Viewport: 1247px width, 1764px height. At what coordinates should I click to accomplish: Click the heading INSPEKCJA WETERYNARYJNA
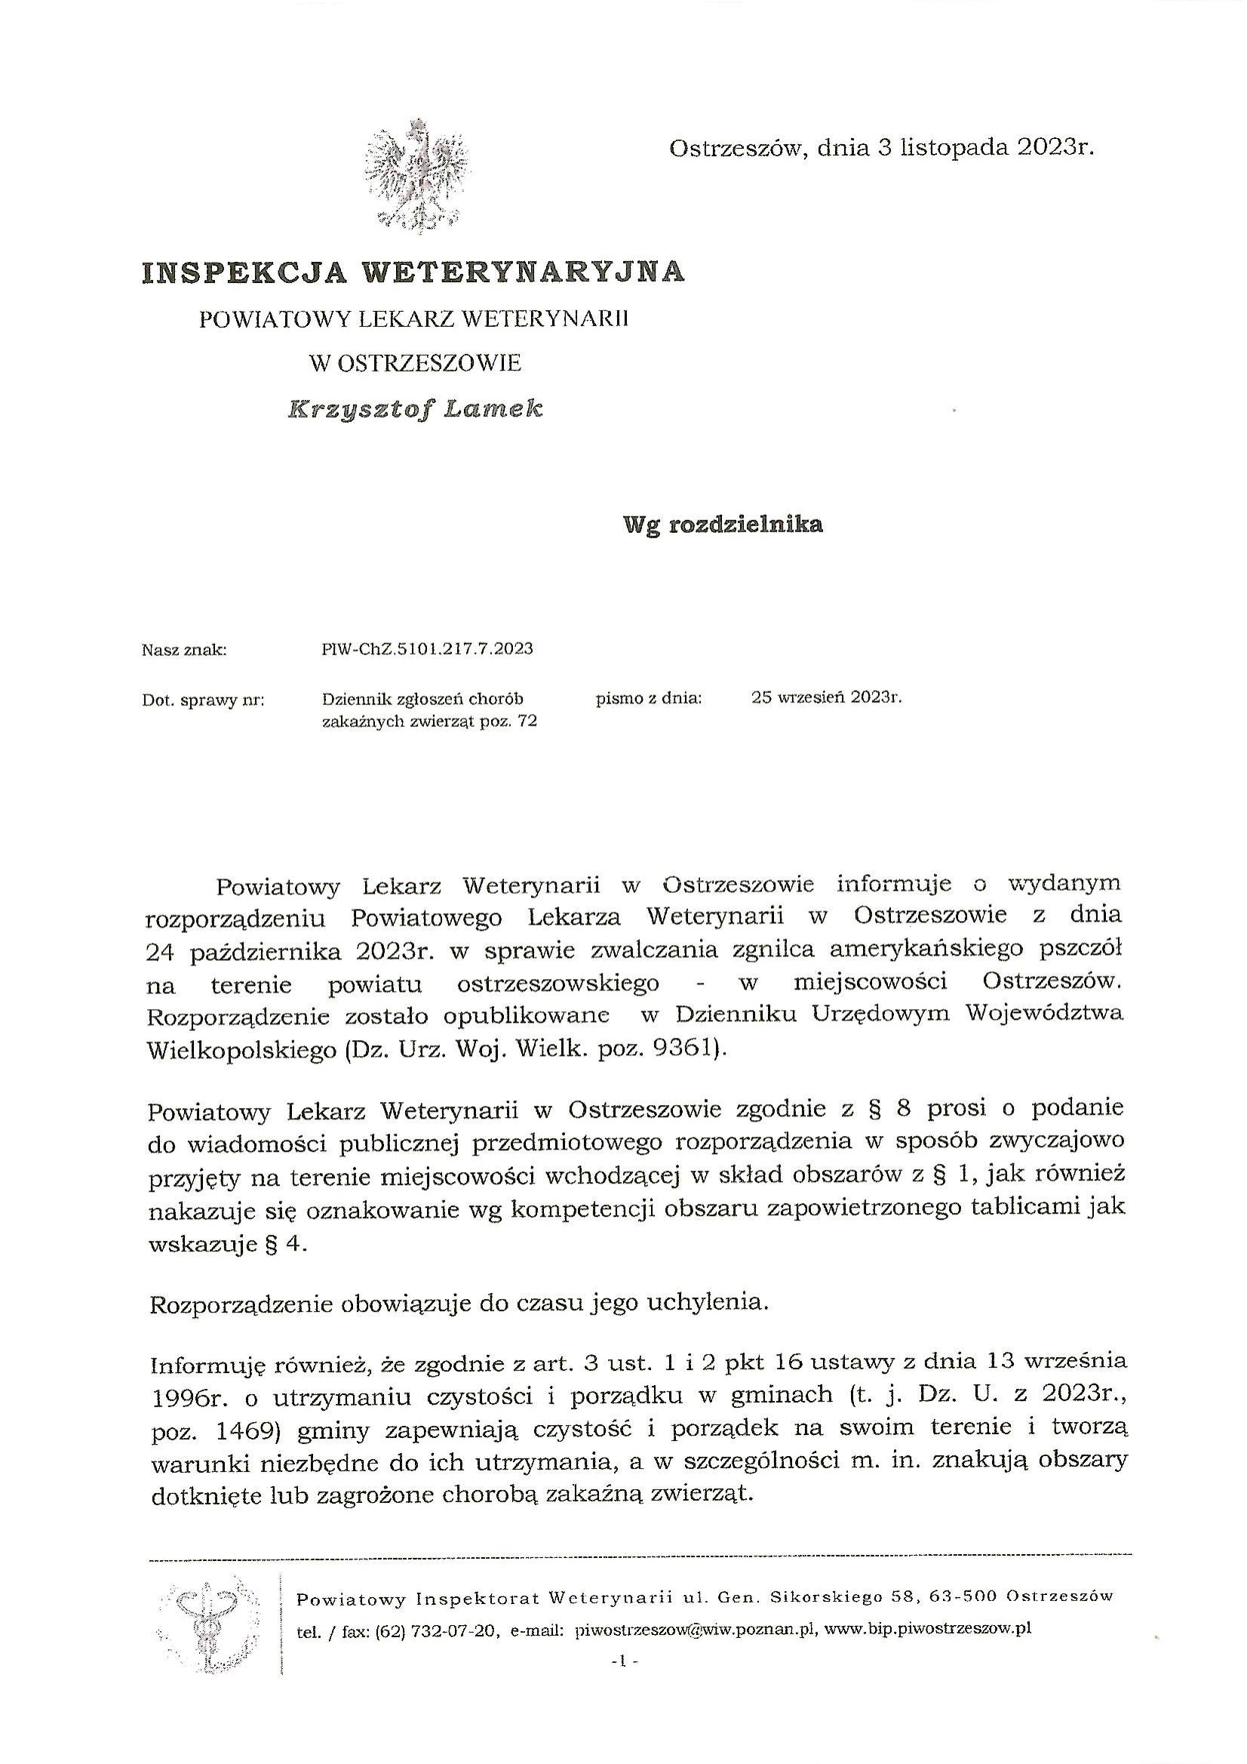(x=413, y=271)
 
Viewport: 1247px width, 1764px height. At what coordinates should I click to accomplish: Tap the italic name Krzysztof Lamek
(x=416, y=411)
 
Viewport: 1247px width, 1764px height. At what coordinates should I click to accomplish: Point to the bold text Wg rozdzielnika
(x=723, y=525)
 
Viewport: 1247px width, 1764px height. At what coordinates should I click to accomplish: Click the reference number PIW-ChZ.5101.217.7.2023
(x=427, y=649)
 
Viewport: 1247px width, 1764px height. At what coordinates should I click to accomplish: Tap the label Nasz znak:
(x=184, y=650)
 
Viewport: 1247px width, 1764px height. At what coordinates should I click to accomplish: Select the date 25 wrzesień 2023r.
(x=826, y=697)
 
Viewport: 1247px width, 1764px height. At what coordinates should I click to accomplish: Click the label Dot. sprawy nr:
(x=204, y=700)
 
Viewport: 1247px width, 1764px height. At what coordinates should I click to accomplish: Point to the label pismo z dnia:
(x=649, y=698)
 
